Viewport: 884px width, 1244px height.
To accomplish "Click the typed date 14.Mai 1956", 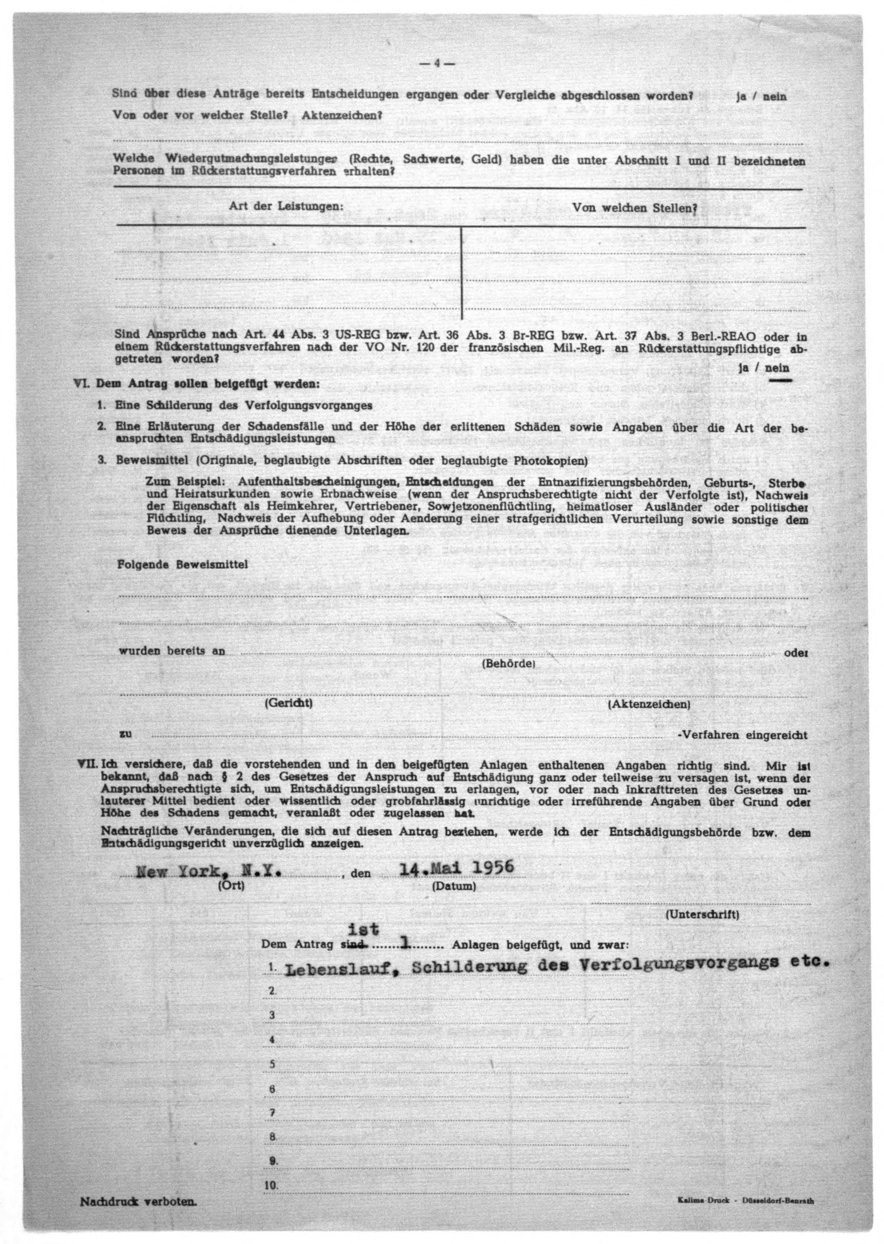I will [x=457, y=868].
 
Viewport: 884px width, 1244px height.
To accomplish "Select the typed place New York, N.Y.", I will [x=208, y=872].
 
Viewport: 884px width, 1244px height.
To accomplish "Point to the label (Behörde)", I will [x=509, y=664].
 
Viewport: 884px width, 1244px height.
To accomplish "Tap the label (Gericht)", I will [x=288, y=703].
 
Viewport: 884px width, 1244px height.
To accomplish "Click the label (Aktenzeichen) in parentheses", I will [x=649, y=704].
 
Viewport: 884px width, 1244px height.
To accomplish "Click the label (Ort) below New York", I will [x=231, y=886].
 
